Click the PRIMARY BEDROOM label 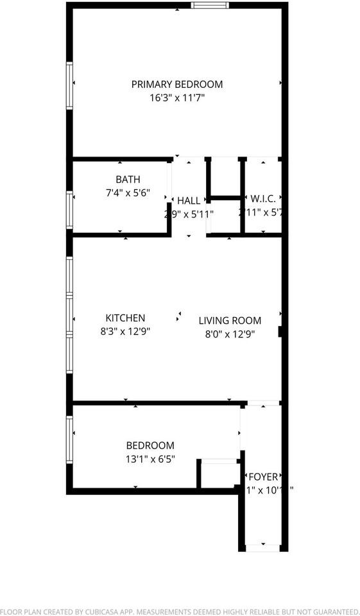click(177, 84)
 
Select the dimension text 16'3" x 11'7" click(177, 98)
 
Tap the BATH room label click(128, 180)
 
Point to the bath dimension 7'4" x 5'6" click(128, 192)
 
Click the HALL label click(189, 201)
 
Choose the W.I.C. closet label click(263, 199)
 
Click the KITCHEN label click(125, 318)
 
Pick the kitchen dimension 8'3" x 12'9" click(125, 332)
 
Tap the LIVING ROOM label click(230, 320)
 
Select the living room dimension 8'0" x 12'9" click(230, 334)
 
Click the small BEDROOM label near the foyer click(150, 445)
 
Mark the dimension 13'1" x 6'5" click(150, 459)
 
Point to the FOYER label click(264, 477)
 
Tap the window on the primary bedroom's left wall click(69, 85)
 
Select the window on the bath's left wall click(69, 210)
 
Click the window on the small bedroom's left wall click(69, 438)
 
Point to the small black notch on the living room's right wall click(280, 332)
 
